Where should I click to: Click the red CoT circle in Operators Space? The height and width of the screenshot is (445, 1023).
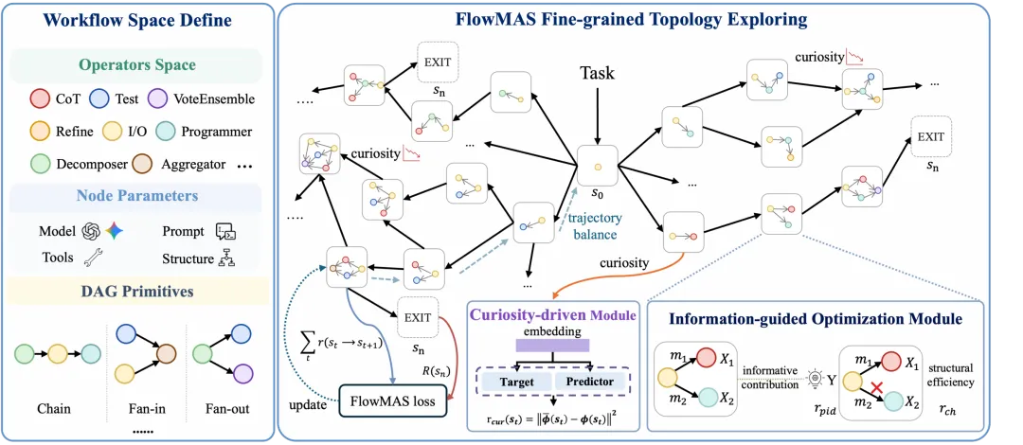point(39,99)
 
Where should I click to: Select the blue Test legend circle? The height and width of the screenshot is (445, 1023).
point(99,99)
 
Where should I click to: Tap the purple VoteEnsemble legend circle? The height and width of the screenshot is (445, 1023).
point(157,99)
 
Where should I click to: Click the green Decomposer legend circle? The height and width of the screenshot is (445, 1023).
point(39,164)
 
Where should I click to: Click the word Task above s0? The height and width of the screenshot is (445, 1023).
point(597,73)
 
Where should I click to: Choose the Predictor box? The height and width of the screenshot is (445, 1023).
point(583,382)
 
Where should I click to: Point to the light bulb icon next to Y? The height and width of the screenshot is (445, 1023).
point(815,379)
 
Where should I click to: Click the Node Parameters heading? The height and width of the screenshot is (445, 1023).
point(137,196)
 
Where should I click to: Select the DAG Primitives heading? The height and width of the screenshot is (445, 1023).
point(137,291)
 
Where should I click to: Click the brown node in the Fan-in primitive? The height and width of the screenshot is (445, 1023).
point(167,354)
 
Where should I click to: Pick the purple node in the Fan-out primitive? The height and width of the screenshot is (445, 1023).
point(242,374)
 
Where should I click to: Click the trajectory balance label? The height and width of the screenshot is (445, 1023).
point(594,224)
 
